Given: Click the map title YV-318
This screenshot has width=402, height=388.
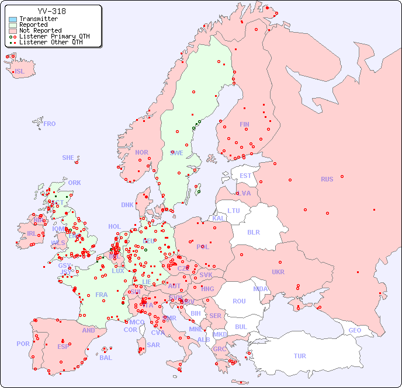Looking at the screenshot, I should coord(51,11).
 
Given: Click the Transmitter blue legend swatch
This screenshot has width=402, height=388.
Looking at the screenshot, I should coord(13,19).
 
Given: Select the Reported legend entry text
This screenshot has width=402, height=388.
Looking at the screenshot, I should coord(33,25).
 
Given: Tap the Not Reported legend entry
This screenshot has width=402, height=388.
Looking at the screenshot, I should coord(40,31).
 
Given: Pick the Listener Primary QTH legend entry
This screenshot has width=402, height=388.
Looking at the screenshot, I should coord(54,37).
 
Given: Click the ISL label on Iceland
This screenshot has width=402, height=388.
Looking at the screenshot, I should coord(20,72).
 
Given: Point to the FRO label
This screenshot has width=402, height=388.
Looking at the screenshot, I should coord(50,124).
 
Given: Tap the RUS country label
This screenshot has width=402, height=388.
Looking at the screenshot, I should coord(327,179).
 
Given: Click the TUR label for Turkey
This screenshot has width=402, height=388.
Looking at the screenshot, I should coord(300,356).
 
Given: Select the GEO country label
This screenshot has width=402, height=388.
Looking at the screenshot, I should coord(355,330).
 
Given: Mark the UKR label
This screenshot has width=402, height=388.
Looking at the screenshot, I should coord(278,272).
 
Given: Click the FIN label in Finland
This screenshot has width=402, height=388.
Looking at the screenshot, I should coord(244,124).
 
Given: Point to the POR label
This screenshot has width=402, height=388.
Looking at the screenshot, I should coord(23,344).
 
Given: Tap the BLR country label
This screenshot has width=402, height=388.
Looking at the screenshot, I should coord(253,232).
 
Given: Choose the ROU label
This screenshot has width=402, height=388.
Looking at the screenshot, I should coord(239,301).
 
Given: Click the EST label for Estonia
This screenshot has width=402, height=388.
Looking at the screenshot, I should coord(245,176).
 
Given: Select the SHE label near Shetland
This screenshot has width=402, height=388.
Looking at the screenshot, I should coord(68,158).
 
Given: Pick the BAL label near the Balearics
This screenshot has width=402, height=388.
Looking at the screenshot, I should coord(106,358).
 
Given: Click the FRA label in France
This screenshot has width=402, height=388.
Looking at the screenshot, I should coord(102,295).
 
